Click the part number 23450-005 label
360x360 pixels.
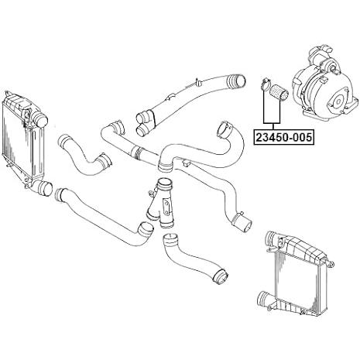284,137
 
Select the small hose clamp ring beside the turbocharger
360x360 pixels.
265,84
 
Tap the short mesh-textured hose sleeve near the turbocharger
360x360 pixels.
278,92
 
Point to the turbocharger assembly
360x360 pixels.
324,82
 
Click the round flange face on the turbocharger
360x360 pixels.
339,101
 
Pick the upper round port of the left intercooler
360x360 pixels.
39,118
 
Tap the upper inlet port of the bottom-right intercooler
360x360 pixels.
273,238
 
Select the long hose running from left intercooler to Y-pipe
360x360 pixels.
103,217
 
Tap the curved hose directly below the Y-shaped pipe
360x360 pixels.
194,258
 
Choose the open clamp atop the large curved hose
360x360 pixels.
225,130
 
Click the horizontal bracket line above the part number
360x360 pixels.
272,122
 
